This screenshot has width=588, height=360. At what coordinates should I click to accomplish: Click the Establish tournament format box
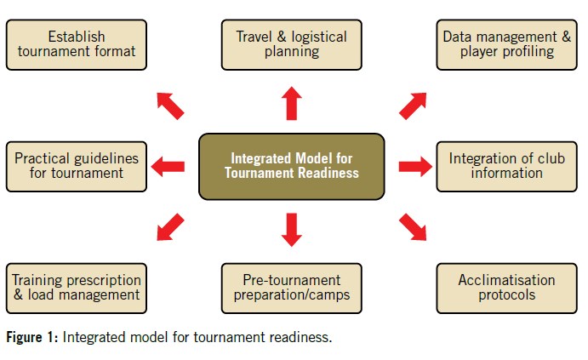pos(76,44)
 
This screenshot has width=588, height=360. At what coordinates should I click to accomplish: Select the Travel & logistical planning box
pos(291,44)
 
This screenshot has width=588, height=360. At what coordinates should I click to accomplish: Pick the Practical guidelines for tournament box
pos(76,165)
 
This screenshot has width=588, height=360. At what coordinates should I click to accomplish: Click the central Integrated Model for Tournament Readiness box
pos(291,165)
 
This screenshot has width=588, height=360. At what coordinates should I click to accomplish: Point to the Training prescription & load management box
pos(76,288)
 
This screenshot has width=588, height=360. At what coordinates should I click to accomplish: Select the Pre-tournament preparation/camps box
pos(291,288)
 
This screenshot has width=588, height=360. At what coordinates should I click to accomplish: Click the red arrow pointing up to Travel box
pos(291,102)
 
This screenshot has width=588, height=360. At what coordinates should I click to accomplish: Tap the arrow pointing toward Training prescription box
pos(169,227)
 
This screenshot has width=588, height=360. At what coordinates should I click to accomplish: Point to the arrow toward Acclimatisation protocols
pos(414,227)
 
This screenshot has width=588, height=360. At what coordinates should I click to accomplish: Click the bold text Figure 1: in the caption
pos(31,338)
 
